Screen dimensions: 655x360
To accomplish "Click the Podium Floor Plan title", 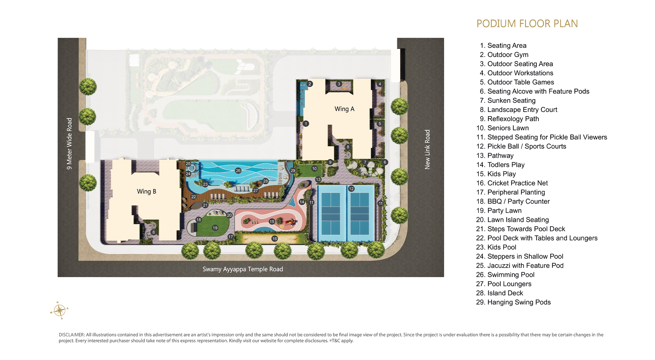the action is pos(527,24).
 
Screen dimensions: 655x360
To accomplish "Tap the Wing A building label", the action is pos(344,109).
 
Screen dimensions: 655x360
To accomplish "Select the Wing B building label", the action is pos(146,191).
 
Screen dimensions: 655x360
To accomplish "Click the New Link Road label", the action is pos(427,150).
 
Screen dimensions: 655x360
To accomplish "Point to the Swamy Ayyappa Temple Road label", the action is pos(243,269).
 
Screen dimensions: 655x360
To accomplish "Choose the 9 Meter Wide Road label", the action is pos(69,144).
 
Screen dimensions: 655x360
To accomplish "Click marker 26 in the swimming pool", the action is pos(238,171).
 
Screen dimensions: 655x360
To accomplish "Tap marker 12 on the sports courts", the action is pos(351,189).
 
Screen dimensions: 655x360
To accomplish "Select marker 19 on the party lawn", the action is pos(215,228).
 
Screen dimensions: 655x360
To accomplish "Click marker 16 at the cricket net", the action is pos(275,239).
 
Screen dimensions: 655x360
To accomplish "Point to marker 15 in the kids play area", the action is pos(272,222).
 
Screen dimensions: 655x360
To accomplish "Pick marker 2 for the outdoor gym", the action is pos(310,84).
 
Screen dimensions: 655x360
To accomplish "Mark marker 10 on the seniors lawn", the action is pos(314,169).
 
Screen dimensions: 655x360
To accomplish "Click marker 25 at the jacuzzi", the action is pos(188,164).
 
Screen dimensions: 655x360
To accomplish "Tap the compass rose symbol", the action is pos(59,310).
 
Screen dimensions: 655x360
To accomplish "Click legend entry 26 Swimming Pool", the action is pos(505,275).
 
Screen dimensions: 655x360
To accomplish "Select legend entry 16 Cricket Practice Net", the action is pos(512,183).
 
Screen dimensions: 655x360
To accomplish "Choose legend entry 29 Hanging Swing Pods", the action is pos(514,302).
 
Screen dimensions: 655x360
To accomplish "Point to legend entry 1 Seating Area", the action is pos(503,45).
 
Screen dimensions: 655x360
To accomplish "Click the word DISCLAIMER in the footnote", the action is pos(72,335).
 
